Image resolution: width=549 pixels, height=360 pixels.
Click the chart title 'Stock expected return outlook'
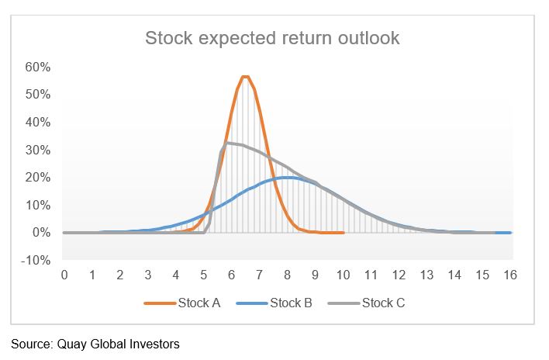pos(272,38)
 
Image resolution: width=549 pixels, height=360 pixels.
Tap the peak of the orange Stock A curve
pos(245,76)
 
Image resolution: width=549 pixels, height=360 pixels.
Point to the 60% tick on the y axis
pos(39,67)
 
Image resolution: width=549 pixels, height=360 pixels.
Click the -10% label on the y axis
pos(37,260)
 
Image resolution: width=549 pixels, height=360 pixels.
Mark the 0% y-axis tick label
pos(41,233)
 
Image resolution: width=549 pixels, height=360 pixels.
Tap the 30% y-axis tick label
pos(39,150)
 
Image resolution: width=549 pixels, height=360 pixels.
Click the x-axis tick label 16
pos(510,275)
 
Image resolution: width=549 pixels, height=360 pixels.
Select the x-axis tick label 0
pos(64,275)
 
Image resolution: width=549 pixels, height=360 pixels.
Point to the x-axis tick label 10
pos(343,275)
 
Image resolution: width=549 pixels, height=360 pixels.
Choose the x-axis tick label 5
pos(203,275)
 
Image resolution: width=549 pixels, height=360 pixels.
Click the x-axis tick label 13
pos(426,275)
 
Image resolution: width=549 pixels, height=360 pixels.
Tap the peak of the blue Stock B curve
pos(287,177)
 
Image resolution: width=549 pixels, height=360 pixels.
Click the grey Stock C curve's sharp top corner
pos(226,143)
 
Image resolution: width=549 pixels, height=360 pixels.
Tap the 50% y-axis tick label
pos(39,95)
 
